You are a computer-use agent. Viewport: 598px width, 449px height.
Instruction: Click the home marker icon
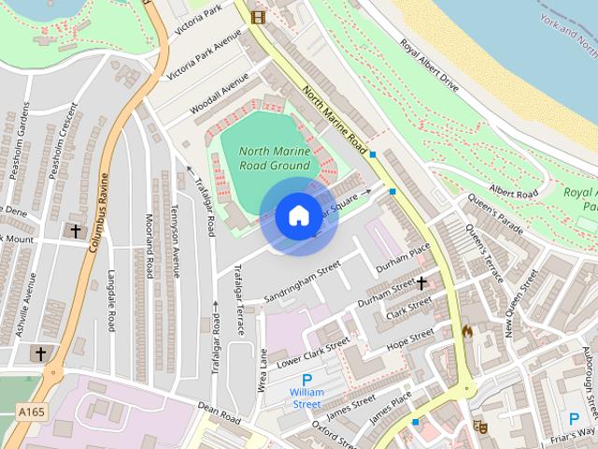298,215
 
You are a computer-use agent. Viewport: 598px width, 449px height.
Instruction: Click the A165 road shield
30,411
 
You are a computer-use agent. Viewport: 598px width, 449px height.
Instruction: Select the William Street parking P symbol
306,378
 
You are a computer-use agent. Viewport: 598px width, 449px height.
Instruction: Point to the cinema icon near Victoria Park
258,16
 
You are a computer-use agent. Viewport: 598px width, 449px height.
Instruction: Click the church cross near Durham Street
421,281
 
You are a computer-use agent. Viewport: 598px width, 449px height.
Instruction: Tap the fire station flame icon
467,331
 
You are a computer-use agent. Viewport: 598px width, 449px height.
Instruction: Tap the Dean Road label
220,412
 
